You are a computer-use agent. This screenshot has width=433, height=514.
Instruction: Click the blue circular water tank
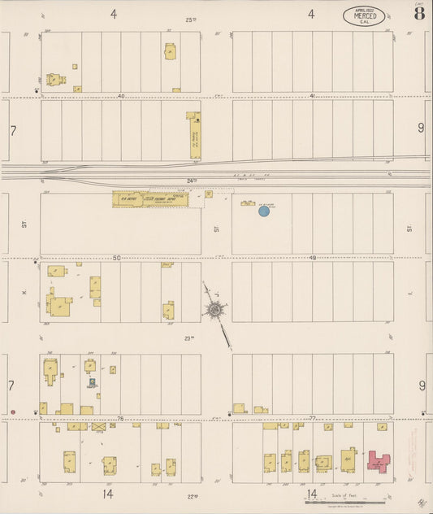(263, 211)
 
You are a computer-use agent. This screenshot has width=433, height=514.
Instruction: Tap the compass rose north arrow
(214, 309)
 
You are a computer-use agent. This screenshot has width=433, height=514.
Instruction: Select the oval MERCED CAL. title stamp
(365, 15)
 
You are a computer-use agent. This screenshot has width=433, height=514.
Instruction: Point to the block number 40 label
(121, 96)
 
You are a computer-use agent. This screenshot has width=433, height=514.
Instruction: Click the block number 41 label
(311, 96)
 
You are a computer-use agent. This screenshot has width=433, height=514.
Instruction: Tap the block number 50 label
(116, 258)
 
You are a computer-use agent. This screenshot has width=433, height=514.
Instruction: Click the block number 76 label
(121, 419)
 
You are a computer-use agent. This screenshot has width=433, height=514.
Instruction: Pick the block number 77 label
(311, 419)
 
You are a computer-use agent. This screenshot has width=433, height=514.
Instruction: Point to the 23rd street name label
(189, 338)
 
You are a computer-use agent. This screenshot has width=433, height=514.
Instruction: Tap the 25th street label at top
(190, 19)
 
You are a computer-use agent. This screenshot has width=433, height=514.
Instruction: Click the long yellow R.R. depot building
(151, 198)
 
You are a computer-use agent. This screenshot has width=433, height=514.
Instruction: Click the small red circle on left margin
(13, 412)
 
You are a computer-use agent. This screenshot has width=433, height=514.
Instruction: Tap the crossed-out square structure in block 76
(99, 425)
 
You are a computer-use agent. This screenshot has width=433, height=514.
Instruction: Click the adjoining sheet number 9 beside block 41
(421, 128)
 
